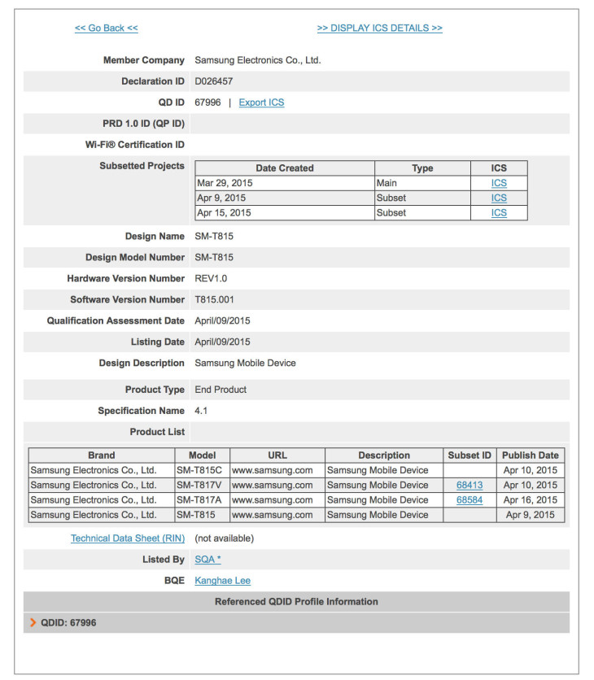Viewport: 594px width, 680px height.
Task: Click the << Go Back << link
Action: tap(106, 28)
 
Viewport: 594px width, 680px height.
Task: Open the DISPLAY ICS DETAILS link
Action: tap(379, 28)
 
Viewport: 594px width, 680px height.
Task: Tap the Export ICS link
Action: tap(261, 102)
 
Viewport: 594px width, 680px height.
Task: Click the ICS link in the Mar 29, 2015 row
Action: tap(499, 184)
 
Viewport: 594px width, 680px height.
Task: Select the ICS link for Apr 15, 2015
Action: tap(499, 213)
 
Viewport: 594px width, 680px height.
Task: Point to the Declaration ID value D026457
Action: tap(214, 81)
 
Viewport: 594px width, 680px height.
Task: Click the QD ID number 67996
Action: tap(207, 102)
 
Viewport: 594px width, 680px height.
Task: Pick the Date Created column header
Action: tap(284, 168)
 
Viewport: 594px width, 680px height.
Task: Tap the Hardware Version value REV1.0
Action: tap(211, 278)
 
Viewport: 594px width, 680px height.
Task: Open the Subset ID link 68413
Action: tap(470, 486)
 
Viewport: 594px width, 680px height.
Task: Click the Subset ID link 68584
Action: tap(470, 500)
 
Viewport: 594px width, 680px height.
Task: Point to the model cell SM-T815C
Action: tap(202, 470)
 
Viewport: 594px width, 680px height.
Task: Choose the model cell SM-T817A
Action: tap(202, 500)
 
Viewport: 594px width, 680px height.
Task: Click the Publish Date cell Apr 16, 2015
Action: tap(531, 500)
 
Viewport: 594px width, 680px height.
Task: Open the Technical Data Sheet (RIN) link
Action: tap(128, 538)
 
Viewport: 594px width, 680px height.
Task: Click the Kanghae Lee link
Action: tap(223, 581)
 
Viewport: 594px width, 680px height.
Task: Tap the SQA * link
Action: tap(207, 560)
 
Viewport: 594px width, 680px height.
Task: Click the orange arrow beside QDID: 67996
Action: tap(33, 623)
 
